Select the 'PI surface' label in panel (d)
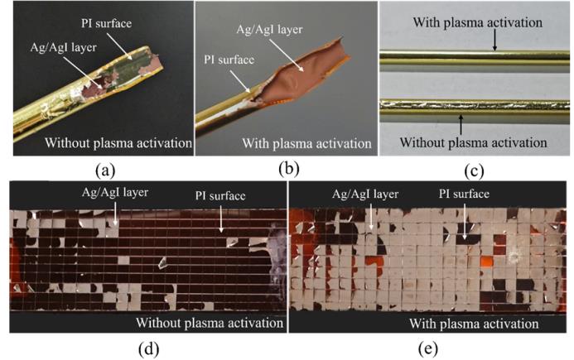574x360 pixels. (208, 195)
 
